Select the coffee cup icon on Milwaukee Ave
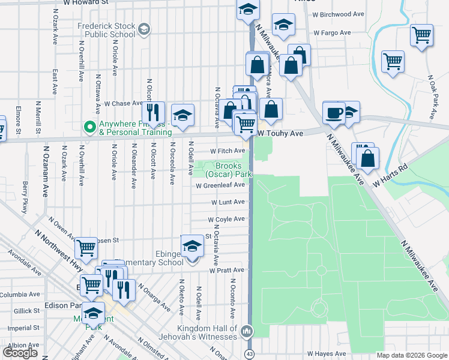click(334, 112)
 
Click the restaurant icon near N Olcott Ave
click(153, 112)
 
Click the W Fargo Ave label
click(332, 32)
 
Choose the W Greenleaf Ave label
click(220, 186)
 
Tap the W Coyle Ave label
click(226, 220)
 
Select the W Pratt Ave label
click(227, 271)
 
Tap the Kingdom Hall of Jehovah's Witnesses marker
click(247, 331)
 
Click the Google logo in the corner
click(20, 352)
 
